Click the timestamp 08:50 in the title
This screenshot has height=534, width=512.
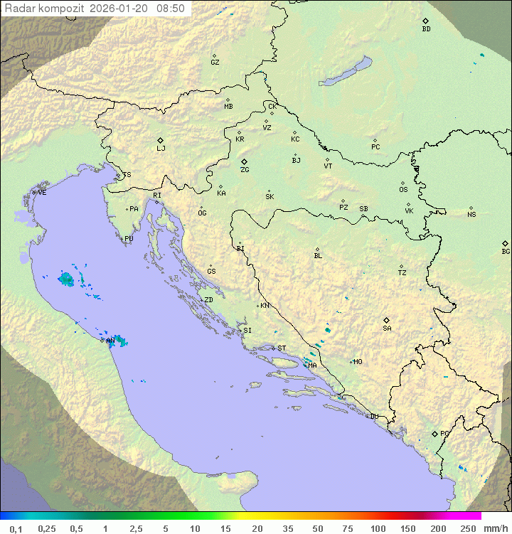pyautogui.click(x=170, y=9)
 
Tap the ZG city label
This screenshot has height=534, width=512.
pyautogui.click(x=245, y=170)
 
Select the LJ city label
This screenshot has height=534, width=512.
pyautogui.click(x=161, y=149)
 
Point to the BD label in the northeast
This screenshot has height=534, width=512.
pyautogui.click(x=426, y=29)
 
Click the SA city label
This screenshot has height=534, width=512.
pyautogui.click(x=387, y=329)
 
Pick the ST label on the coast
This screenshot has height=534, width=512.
pyautogui.click(x=282, y=348)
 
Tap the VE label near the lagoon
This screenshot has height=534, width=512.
pyautogui.click(x=42, y=193)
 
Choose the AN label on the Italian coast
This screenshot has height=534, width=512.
pyautogui.click(x=110, y=341)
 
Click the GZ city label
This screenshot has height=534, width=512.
pyautogui.click(x=215, y=63)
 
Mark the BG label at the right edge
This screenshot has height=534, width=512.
pyautogui.click(x=506, y=252)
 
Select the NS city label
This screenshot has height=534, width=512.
pyautogui.click(x=471, y=215)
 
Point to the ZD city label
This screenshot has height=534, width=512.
pyautogui.click(x=208, y=300)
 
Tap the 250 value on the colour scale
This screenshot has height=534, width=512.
pyautogui.click(x=467, y=528)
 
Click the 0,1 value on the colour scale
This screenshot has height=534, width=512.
pyautogui.click(x=16, y=528)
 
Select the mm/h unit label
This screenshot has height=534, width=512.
pyautogui.click(x=495, y=528)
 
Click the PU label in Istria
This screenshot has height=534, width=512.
pyautogui.click(x=129, y=239)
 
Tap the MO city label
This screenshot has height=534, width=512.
pyautogui.click(x=358, y=362)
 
